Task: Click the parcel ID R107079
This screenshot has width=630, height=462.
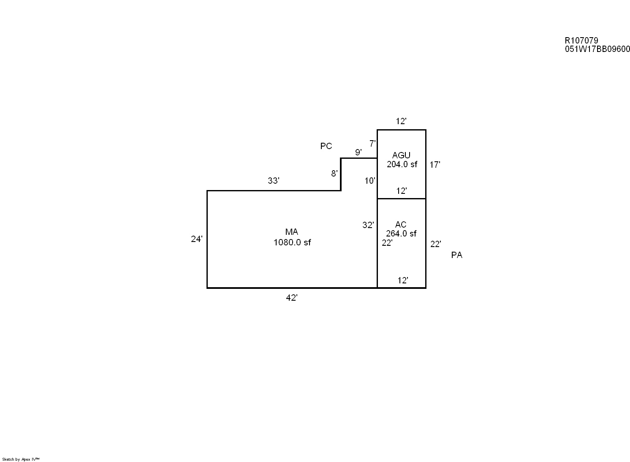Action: [581, 41]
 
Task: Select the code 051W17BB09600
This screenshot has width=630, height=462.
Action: [597, 49]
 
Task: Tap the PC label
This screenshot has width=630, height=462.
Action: [326, 146]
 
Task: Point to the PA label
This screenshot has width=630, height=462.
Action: [456, 255]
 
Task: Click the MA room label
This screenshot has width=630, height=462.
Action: [292, 232]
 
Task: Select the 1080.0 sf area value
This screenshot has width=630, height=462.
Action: [292, 242]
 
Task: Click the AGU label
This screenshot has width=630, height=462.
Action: [401, 155]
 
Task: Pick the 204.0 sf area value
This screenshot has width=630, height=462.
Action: [402, 164]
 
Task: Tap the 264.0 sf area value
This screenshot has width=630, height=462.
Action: [401, 234]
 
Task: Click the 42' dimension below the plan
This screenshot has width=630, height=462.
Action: [292, 298]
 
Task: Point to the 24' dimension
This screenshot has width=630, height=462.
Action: [197, 239]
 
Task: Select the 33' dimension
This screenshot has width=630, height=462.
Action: [274, 181]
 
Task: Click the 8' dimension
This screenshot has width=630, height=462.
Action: [334, 173]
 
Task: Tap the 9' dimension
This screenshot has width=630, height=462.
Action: [358, 152]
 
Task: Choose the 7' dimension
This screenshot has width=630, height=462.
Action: [372, 144]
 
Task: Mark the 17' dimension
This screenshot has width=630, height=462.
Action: [435, 165]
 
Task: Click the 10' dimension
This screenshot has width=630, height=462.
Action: [370, 181]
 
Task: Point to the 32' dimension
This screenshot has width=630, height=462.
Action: [368, 225]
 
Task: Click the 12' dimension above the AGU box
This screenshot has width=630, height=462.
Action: [401, 122]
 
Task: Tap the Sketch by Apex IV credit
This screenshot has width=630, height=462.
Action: [21, 459]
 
